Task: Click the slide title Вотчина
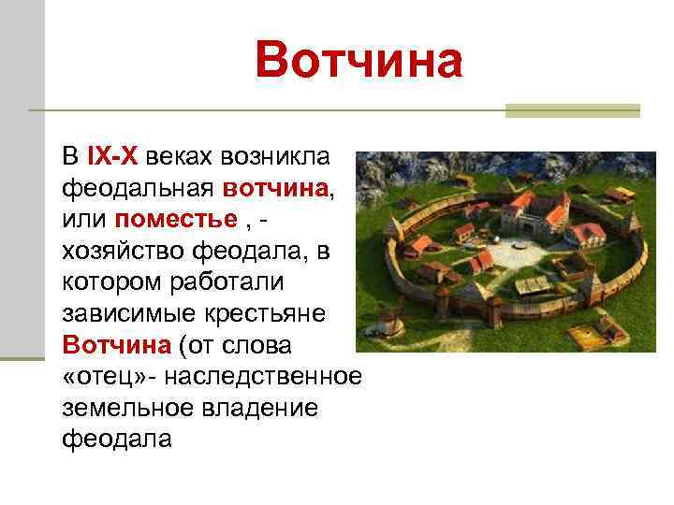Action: pos(359,64)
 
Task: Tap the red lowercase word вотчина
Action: pos(275,187)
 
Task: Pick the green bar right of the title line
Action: pos(572,110)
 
